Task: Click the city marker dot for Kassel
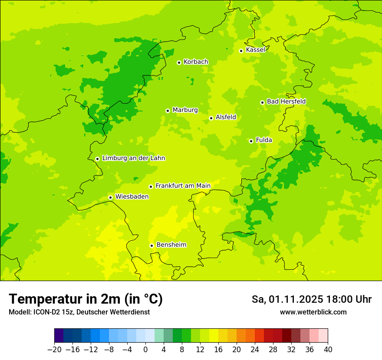241,51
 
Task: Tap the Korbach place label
196,62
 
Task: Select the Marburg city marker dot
168,111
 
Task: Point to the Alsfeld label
226,117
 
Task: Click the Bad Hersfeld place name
286,101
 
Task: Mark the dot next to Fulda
251,141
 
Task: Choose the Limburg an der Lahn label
133,158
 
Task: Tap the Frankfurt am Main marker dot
151,187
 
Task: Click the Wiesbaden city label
132,196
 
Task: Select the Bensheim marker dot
151,245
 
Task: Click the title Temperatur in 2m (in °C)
86,299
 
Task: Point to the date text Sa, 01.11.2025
287,299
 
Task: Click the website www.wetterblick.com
313,312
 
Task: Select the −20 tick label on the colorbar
54,350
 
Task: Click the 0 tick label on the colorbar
145,350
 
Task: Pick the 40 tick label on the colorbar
328,350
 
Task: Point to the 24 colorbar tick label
255,350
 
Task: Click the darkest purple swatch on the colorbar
59,336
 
